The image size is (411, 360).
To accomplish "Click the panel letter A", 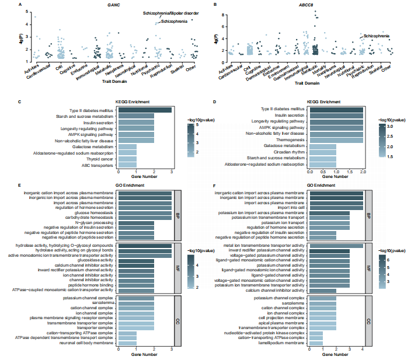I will (20, 5).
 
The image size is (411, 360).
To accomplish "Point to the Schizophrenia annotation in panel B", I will (377, 36).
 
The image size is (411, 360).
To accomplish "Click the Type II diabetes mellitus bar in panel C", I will (145, 110).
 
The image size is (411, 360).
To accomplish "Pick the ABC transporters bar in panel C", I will (127, 165).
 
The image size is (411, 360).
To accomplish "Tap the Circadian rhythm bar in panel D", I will (322, 152).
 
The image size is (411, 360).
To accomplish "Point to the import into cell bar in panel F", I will (336, 208).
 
